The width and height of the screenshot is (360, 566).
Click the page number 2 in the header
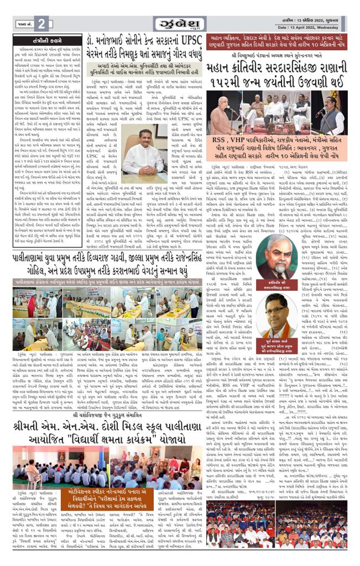coord(43,23)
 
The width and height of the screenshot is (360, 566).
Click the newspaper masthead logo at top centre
coord(180,23)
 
